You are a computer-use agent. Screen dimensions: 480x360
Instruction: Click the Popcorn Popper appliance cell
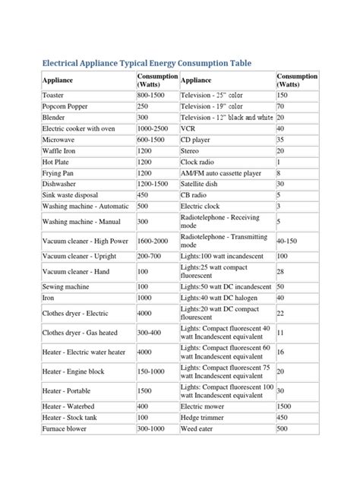(66, 107)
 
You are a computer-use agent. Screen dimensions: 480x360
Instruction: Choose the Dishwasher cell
(60, 184)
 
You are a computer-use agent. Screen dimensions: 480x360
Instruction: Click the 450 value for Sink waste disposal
(144, 194)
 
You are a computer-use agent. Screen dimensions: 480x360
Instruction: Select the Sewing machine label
(65, 286)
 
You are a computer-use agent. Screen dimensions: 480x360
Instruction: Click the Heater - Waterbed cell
(69, 407)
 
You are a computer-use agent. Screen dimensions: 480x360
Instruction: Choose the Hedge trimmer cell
(204, 418)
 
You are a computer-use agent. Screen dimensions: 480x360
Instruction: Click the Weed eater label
(199, 429)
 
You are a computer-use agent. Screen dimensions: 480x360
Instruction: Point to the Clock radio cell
(199, 162)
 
